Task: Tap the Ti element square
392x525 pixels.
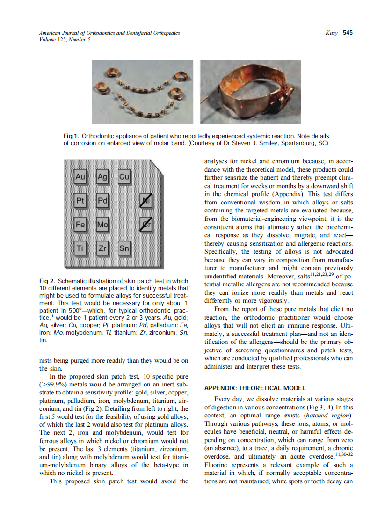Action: tap(80, 249)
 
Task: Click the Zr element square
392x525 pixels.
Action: tap(102, 249)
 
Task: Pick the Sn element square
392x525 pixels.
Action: tap(124, 249)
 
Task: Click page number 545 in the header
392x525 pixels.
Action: tap(348, 33)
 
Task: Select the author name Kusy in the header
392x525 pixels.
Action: tap(331, 33)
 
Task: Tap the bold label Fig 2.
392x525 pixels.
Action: tap(47, 281)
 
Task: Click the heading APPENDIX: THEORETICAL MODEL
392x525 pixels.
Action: tap(255, 388)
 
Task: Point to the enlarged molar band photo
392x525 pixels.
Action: tap(245, 92)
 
